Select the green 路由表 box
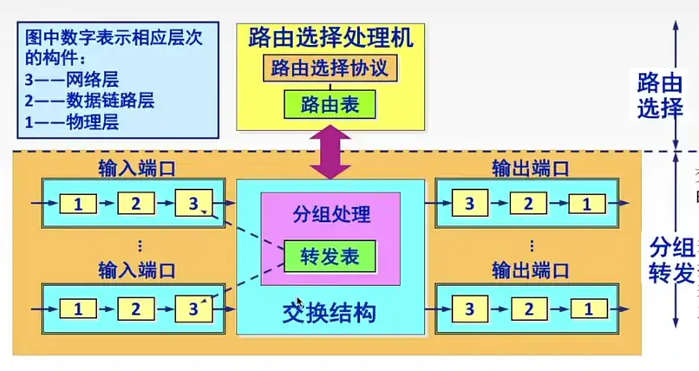330,105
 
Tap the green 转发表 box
330,257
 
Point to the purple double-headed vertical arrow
331,152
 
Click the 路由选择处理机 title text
330,37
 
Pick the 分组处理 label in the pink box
330,214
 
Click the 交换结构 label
330,311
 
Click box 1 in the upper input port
78,205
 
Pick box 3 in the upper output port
469,205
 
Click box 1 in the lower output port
587,308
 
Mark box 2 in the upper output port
528,205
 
